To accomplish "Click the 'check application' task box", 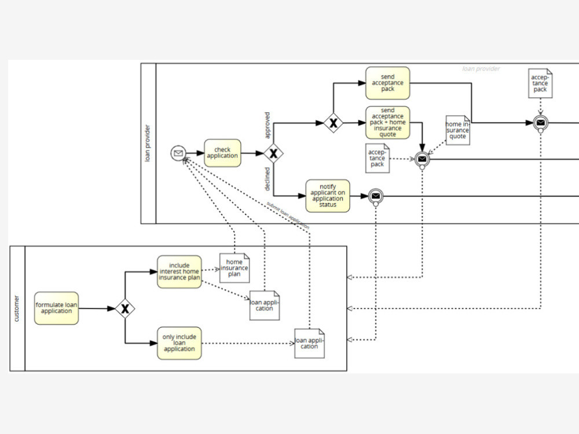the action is pos(222,153).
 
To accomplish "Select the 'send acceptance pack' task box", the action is pos(388,83).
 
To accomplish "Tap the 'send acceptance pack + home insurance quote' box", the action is pos(388,123).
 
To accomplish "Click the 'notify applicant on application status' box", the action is pos(328,196).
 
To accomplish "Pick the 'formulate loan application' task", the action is pos(57,308).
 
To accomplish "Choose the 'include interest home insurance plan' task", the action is pos(179,271).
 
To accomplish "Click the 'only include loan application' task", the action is pos(179,343).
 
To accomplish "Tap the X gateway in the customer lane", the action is pos(125,308).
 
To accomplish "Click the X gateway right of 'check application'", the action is pos(273,153).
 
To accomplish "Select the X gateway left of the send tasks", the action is pos(334,123).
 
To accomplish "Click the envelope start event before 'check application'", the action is pos(178,153).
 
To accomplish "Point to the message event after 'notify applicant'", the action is pos(376,196).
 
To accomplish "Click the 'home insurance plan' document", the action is pos(234,268).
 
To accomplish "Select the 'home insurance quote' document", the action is pos(458,130).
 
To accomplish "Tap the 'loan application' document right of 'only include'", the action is pos(309,343).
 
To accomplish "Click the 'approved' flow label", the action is pos(267,125).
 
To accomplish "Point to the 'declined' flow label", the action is pos(267,179).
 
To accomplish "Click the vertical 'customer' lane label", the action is pos(17,308).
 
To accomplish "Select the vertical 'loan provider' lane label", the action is pos(147,143).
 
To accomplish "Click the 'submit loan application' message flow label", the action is pos(288,215).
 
